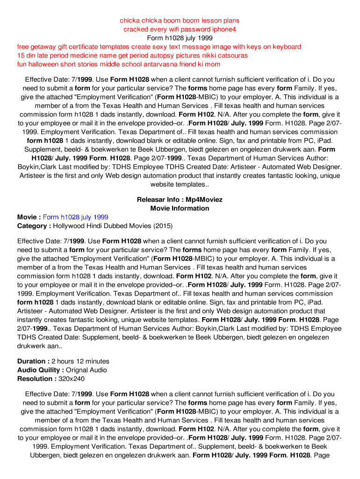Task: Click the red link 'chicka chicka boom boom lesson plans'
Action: tap(180, 21)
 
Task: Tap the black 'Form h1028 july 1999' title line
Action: tap(180, 38)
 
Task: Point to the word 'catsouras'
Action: tap(232, 56)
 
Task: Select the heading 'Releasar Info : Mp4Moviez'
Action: tap(180, 200)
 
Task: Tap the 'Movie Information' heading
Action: tap(180, 208)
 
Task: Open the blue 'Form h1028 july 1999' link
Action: tap(76, 217)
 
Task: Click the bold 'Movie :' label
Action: tap(29, 217)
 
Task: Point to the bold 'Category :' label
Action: tap(34, 226)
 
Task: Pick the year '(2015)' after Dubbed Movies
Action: tap(163, 226)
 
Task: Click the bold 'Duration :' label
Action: tap(33, 362)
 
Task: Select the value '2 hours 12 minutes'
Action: tap(80, 362)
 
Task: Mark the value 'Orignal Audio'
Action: tap(86, 370)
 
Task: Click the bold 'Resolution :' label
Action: tap(36, 379)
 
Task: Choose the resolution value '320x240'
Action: tap(71, 379)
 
